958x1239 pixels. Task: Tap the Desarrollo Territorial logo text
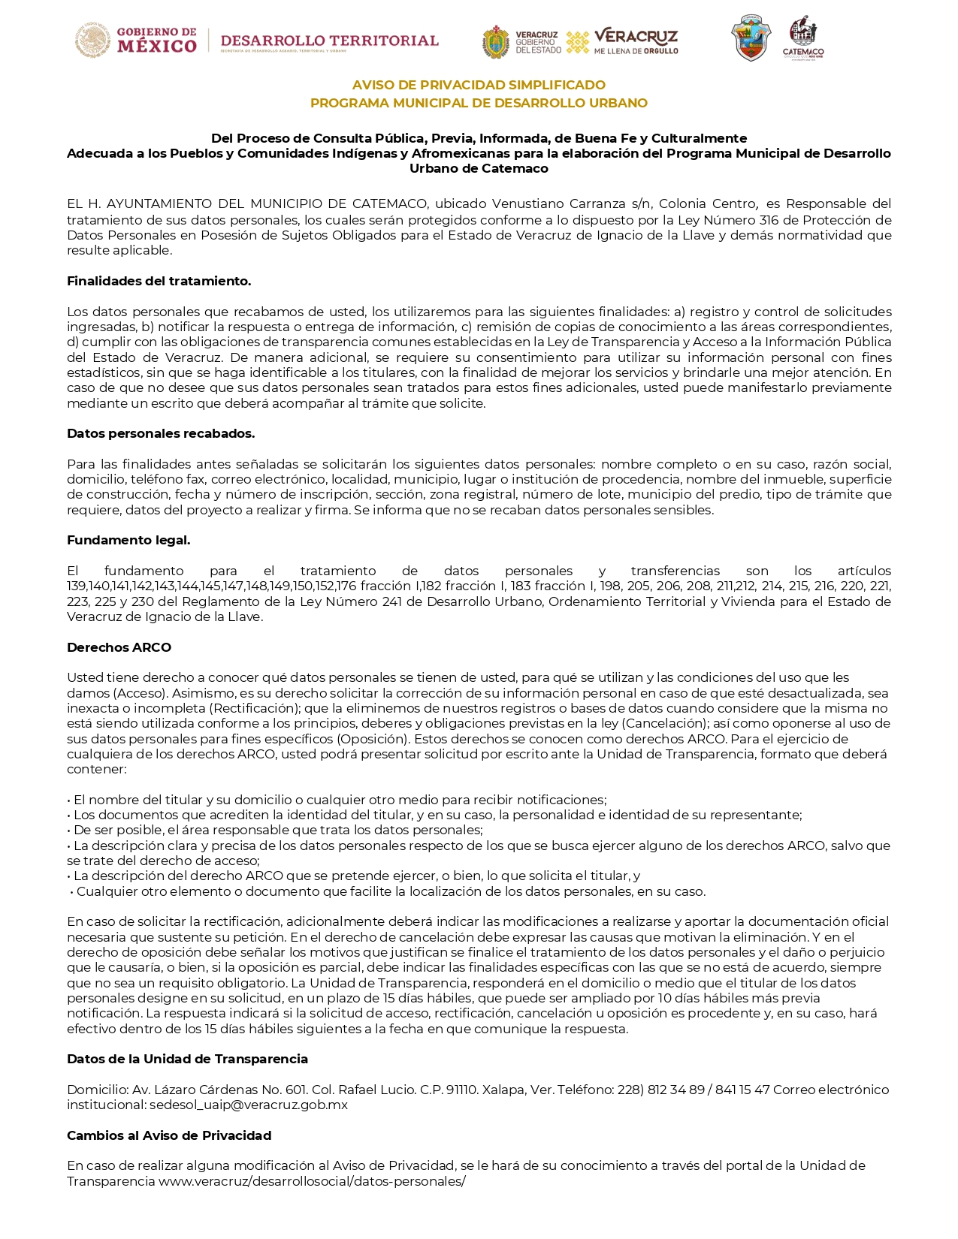click(x=329, y=41)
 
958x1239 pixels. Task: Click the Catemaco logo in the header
click(x=802, y=38)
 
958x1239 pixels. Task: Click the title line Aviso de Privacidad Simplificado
click(x=479, y=85)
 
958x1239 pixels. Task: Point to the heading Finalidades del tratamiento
click(x=159, y=281)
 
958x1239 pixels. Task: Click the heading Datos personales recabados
click(x=161, y=433)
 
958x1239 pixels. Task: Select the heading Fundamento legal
click(x=128, y=540)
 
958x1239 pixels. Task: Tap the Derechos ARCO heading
click(x=119, y=647)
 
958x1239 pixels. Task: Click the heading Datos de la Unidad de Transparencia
click(x=187, y=1059)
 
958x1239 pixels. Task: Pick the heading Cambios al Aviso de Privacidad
click(x=169, y=1135)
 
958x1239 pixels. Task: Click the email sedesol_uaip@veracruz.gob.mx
click(x=249, y=1105)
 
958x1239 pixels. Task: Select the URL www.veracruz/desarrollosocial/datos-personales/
click(x=312, y=1181)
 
